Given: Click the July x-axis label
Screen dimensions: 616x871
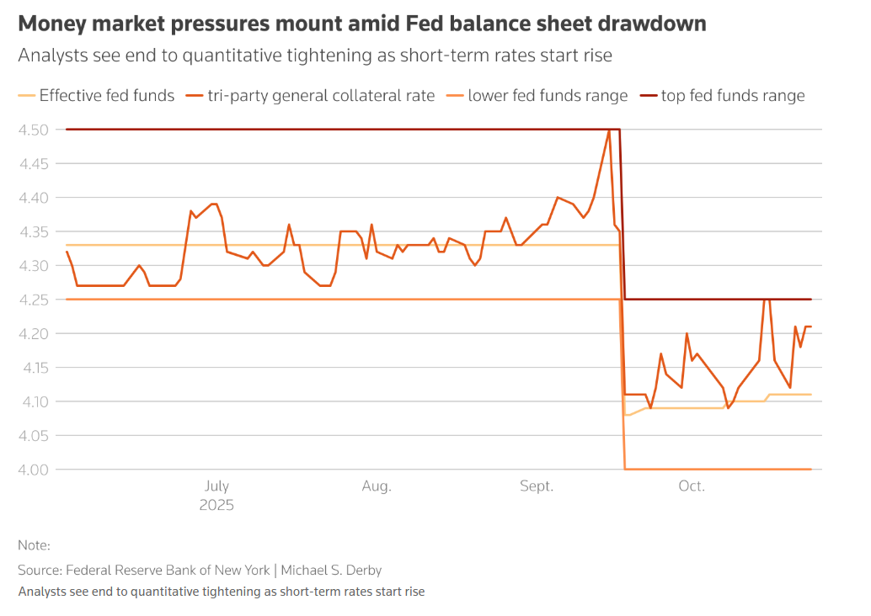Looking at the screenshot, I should coord(216,486).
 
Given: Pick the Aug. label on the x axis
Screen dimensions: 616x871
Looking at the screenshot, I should coord(377,486).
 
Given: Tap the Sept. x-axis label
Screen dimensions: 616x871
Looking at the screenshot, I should coord(537,486).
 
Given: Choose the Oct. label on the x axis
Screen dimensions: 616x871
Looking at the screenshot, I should coord(692,486).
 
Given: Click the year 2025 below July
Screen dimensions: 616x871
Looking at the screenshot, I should coord(216,506).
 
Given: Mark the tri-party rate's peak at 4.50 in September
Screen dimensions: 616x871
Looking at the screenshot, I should coord(609,130).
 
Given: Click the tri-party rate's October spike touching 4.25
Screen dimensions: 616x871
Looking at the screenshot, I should coord(766,300).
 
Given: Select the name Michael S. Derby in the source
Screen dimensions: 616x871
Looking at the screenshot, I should coord(334,570).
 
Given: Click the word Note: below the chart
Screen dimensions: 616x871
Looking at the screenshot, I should coord(34,545).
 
